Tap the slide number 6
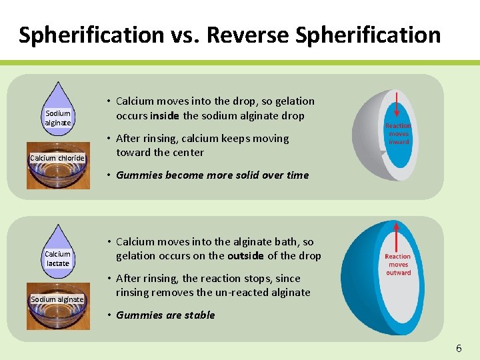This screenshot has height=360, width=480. click(x=459, y=348)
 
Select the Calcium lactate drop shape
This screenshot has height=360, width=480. click(x=57, y=250)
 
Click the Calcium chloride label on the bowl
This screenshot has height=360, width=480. click(x=57, y=158)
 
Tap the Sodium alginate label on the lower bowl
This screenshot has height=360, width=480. click(x=57, y=299)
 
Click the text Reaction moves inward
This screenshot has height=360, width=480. click(x=398, y=133)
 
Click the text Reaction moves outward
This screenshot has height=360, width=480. click(x=398, y=264)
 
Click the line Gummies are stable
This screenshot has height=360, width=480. click(x=165, y=315)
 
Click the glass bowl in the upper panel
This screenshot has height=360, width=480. click(x=57, y=175)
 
